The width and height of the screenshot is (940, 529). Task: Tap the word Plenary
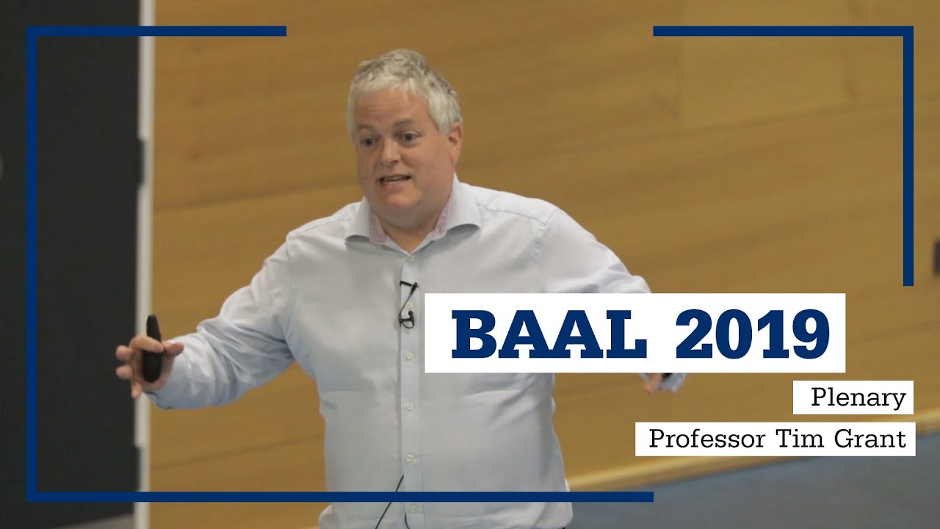[857, 397]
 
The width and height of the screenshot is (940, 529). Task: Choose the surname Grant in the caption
[870, 439]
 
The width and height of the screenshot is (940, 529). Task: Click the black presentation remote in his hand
[152, 349]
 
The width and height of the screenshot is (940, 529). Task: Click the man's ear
[455, 140]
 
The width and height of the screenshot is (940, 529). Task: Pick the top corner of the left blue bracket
[32, 32]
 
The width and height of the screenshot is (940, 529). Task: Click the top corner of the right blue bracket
[908, 32]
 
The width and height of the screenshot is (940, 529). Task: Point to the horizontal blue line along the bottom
[338, 497]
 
